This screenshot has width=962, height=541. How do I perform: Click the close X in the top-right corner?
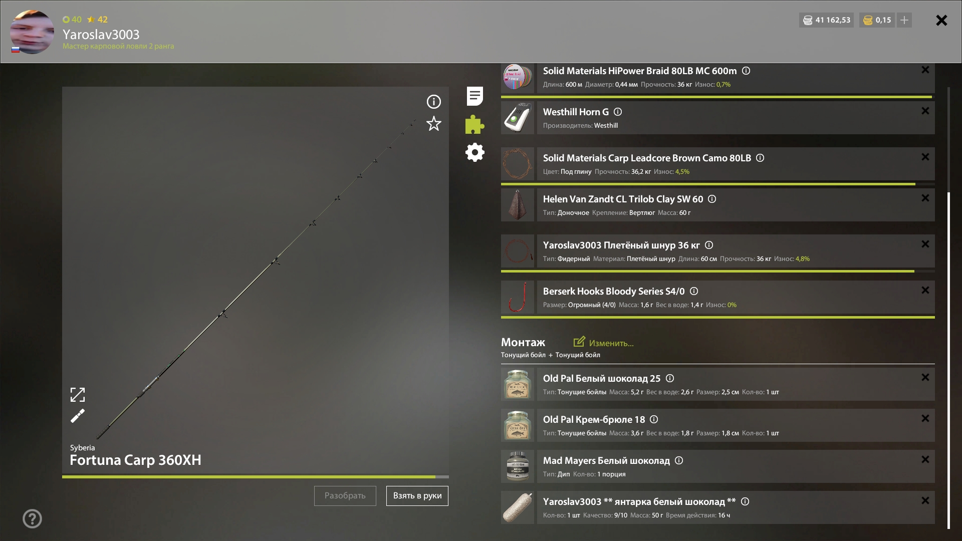click(x=941, y=20)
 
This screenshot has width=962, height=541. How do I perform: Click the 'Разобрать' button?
click(x=345, y=496)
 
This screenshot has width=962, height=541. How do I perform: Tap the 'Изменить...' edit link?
click(x=604, y=343)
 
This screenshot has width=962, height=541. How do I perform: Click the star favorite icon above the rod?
click(x=434, y=124)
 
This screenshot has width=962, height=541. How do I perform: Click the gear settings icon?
click(x=475, y=152)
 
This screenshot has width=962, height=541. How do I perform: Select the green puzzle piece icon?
click(x=474, y=124)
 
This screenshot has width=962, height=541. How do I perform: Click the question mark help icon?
click(x=32, y=518)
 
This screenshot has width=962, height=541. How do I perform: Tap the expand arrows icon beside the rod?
click(x=78, y=395)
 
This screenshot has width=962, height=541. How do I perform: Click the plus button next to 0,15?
click(x=904, y=20)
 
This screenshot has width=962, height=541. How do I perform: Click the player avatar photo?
click(x=32, y=32)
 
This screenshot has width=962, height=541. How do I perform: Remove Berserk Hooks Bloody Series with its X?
click(x=925, y=290)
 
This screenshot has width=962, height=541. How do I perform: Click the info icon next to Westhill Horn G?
click(x=618, y=112)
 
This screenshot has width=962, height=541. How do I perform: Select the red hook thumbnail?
click(x=518, y=297)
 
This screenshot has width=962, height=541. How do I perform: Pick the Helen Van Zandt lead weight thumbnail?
click(x=518, y=205)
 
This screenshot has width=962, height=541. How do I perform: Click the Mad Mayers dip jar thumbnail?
click(x=518, y=466)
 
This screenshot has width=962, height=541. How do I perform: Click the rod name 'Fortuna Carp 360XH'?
click(x=135, y=460)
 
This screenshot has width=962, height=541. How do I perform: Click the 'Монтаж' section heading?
click(x=523, y=342)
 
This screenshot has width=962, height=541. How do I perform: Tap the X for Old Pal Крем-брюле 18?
click(x=925, y=418)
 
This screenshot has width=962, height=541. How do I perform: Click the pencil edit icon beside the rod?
click(x=78, y=416)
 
